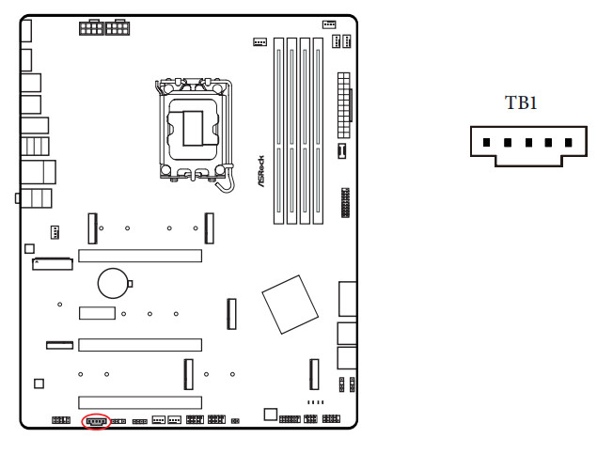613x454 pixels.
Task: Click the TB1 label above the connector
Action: pyautogui.click(x=521, y=102)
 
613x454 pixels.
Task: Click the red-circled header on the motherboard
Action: pyautogui.click(x=96, y=421)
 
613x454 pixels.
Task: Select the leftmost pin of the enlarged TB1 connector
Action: pyautogui.click(x=486, y=143)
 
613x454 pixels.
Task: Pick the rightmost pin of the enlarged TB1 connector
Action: pyautogui.click(x=569, y=143)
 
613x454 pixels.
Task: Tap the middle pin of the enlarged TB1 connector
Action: pyautogui.click(x=528, y=143)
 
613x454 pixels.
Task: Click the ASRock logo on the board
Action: pyautogui.click(x=260, y=171)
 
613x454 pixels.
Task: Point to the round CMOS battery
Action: pyautogui.click(x=114, y=283)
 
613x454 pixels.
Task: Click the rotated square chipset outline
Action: pyautogui.click(x=291, y=305)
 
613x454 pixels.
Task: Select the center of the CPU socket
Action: pyautogui.click(x=193, y=129)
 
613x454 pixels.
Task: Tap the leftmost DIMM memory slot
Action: pyautogui.click(x=278, y=131)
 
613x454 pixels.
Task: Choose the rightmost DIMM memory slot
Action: pyautogui.click(x=318, y=131)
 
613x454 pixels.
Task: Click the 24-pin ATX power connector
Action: pyautogui.click(x=344, y=105)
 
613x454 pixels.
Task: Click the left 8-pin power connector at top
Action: pyautogui.click(x=91, y=28)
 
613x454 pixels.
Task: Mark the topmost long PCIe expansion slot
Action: pyautogui.click(x=140, y=256)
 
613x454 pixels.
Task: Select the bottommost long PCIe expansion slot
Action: pyautogui.click(x=140, y=402)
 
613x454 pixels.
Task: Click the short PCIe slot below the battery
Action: pyautogui.click(x=97, y=313)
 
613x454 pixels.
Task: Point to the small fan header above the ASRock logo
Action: pyautogui.click(x=260, y=41)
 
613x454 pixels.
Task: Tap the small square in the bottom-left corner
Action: pyautogui.click(x=39, y=384)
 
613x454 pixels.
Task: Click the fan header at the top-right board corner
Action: pyautogui.click(x=329, y=24)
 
